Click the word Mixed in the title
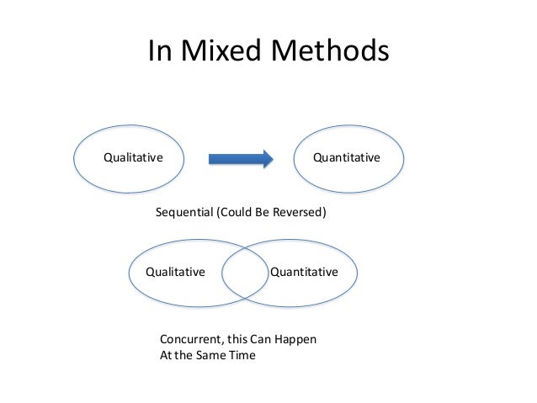click(222, 52)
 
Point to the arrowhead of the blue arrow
click(267, 158)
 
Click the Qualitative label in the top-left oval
click(132, 157)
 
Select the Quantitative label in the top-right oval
click(346, 157)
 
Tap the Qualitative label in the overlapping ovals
click(176, 272)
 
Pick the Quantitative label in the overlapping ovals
click(304, 272)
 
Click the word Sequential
click(185, 214)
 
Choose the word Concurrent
click(191, 339)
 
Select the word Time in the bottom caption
click(242, 354)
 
